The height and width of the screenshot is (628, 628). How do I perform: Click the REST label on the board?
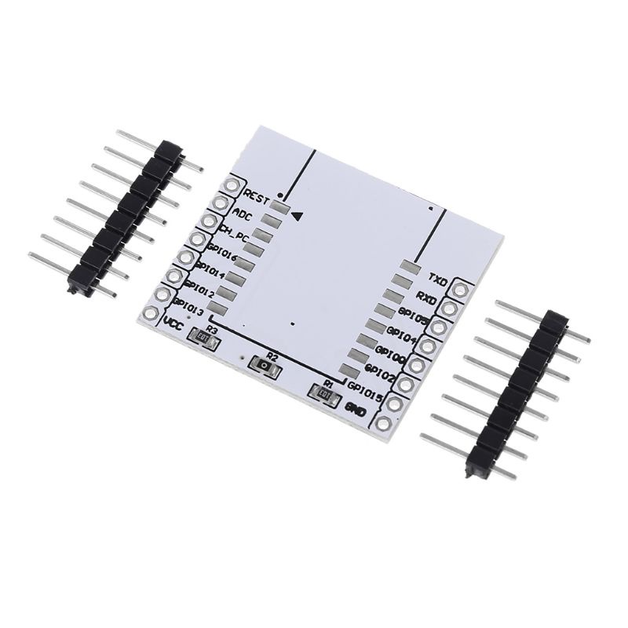tap(257, 193)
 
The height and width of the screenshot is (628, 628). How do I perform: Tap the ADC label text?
tap(242, 212)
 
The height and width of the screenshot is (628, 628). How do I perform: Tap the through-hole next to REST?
tap(232, 186)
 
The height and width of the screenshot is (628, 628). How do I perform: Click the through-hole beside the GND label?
tap(384, 423)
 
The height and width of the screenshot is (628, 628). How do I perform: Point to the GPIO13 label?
tap(188, 308)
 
